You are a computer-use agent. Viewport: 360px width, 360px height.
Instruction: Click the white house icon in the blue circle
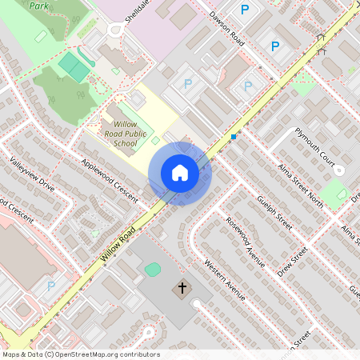179,172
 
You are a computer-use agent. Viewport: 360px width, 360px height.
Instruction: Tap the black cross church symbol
182,287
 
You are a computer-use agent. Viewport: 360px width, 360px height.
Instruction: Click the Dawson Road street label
226,28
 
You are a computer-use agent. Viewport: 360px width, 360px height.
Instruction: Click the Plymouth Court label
314,145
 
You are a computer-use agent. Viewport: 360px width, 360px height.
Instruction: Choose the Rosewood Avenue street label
245,242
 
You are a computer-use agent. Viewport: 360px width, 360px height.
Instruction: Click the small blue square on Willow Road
234,137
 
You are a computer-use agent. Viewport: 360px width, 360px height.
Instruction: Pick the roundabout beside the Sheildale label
116,31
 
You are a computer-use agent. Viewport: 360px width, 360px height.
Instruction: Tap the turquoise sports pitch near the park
74,66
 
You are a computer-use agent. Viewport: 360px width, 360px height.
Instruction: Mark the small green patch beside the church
153,270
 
